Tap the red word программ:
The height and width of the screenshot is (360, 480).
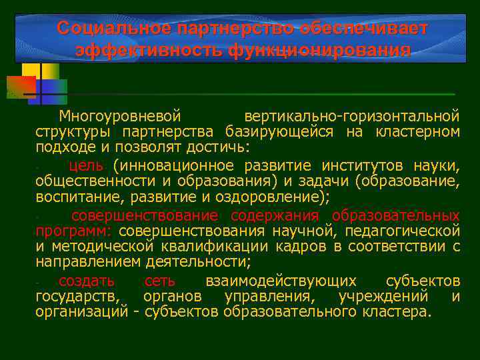pyautogui.click(x=74, y=230)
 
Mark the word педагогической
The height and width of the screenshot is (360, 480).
pyautogui.click(x=405, y=230)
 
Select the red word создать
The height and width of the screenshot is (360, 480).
pyautogui.click(x=86, y=280)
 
